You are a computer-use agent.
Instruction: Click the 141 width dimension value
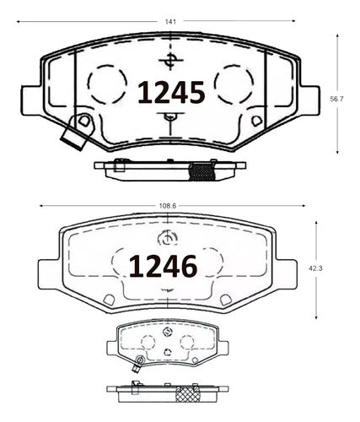(170, 22)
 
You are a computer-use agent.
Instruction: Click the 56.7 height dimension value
(336, 99)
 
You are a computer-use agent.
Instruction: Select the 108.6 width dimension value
(168, 206)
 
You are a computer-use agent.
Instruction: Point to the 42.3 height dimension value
(315, 268)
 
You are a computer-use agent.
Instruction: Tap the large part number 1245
(171, 92)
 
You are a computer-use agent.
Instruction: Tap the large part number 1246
(163, 266)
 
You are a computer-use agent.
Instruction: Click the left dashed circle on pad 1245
(107, 84)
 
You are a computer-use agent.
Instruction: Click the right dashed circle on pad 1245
(234, 84)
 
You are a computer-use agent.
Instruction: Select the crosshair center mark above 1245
(170, 61)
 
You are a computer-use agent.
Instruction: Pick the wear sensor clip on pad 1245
(75, 133)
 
